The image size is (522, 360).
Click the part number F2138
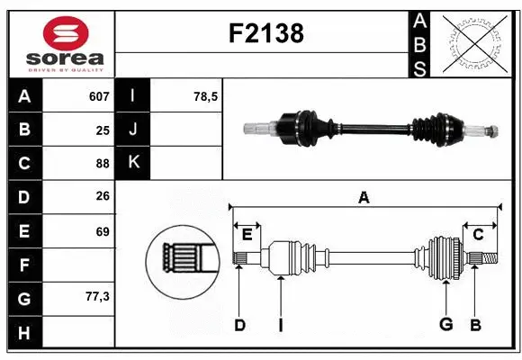click(267, 33)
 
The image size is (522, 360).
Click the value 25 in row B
click(103, 130)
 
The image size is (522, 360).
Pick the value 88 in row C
click(103, 163)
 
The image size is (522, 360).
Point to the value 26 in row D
click(103, 197)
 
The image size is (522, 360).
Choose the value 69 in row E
click(103, 231)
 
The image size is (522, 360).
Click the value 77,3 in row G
click(96, 296)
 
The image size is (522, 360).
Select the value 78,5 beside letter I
click(206, 95)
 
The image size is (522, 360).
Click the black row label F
click(23, 265)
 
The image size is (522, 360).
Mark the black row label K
click(133, 163)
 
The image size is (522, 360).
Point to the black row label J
click(133, 130)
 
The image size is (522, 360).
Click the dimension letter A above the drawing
click(364, 197)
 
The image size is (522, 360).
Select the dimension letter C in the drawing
click(478, 234)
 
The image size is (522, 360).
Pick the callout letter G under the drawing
click(444, 325)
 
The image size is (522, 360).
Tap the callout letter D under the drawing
click(239, 325)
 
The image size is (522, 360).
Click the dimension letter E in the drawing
click(247, 234)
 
